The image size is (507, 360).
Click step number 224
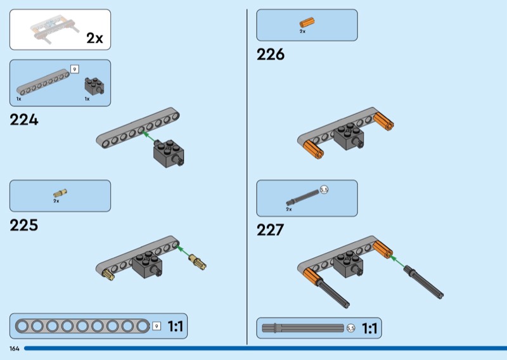tap(24, 120)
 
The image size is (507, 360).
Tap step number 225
tap(24, 225)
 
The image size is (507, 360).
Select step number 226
tap(271, 55)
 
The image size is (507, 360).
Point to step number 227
tap(271, 230)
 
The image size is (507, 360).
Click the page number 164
tap(14, 349)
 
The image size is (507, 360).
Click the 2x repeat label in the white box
tap(94, 38)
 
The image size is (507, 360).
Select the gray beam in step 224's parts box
tap(42, 81)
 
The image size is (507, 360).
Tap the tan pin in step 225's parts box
tap(60, 193)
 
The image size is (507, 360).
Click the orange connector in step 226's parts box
tap(307, 23)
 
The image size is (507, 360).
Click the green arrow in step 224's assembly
tap(148, 135)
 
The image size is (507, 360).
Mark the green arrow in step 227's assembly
tap(395, 260)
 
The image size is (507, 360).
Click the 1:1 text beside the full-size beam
tap(175, 327)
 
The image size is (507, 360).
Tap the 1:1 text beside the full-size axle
tap(370, 328)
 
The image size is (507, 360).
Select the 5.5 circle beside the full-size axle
tap(351, 328)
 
